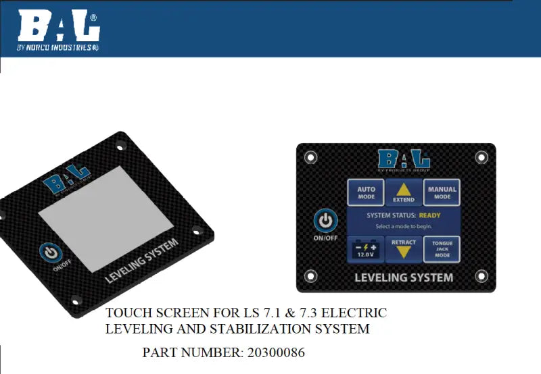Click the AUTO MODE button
click(366, 192)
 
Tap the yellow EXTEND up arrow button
click(404, 192)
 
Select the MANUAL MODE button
click(442, 192)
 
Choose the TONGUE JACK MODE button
click(442, 248)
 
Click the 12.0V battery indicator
click(365, 248)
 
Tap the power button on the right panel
click(326, 220)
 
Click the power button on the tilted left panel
click(51, 252)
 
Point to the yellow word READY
click(429, 215)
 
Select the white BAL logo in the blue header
click(59, 27)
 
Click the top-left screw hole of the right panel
click(311, 157)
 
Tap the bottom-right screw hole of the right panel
click(482, 275)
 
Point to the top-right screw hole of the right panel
click(481, 157)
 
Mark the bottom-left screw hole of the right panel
click(311, 275)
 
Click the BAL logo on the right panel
click(404, 160)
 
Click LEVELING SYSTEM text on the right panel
click(404, 277)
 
